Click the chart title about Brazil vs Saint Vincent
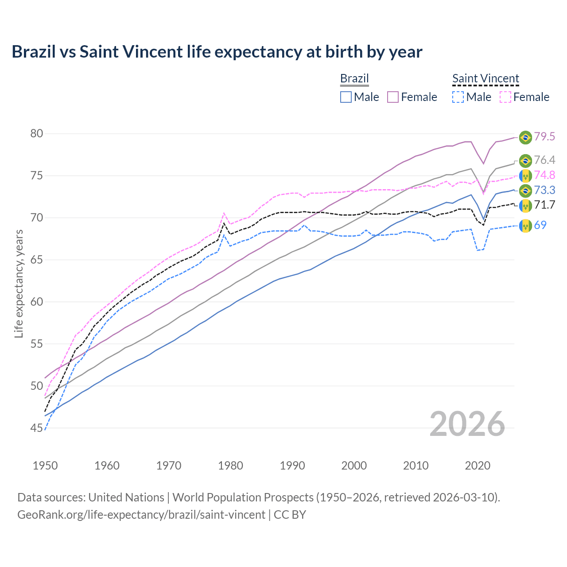click(x=217, y=52)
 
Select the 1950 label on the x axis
click(x=45, y=466)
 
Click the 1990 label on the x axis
click(x=292, y=466)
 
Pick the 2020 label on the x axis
click(x=478, y=466)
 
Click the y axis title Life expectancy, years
click(x=19, y=283)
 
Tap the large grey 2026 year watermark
click(x=467, y=424)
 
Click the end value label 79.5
click(x=544, y=137)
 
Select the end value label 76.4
click(x=544, y=160)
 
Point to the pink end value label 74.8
click(x=544, y=175)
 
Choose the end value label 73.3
click(x=544, y=190)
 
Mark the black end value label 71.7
click(x=544, y=205)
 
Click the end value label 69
click(x=540, y=225)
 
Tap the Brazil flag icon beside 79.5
click(x=525, y=137)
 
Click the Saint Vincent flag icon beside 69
click(x=525, y=226)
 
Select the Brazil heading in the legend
click(x=354, y=78)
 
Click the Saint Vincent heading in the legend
click(x=485, y=78)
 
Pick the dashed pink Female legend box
click(x=505, y=97)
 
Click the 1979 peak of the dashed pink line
click(x=224, y=213)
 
